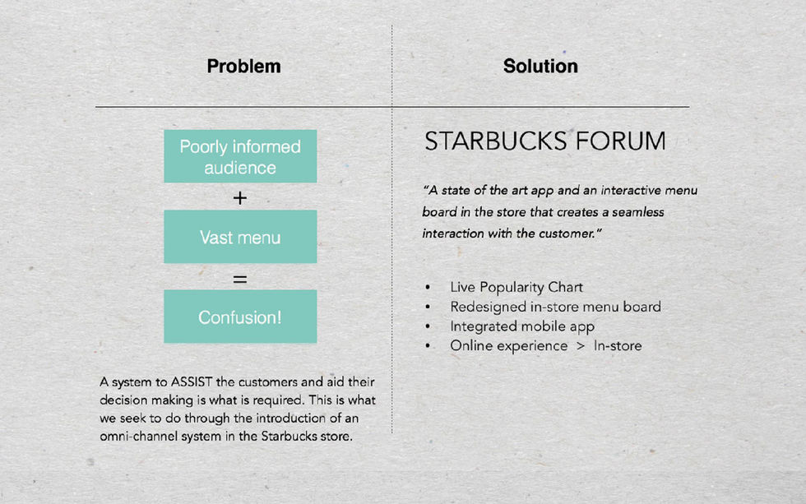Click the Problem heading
(x=243, y=67)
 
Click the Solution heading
(x=540, y=66)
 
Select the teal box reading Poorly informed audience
(x=240, y=156)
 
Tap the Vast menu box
(x=240, y=237)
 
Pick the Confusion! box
(x=240, y=317)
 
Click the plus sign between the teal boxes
(x=240, y=198)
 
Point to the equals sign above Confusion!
(x=240, y=279)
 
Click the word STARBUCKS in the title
(x=495, y=141)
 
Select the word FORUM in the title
(x=620, y=141)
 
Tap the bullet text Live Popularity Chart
(x=516, y=287)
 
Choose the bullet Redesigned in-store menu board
(x=556, y=307)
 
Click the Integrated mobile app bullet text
(x=522, y=326)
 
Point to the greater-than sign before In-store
(x=581, y=346)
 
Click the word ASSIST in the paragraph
(x=191, y=381)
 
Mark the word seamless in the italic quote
(x=638, y=212)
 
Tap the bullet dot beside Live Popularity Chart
(x=428, y=287)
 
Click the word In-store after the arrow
(x=618, y=346)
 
